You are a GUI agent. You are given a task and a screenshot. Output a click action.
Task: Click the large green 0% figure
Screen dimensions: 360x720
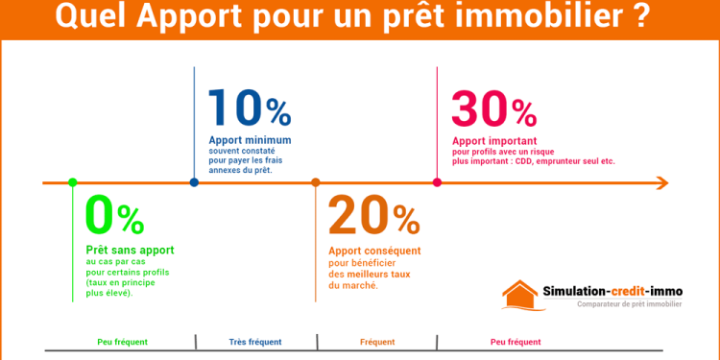tap(114, 216)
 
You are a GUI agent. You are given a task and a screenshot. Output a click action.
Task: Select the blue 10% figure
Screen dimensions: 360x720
tap(249, 108)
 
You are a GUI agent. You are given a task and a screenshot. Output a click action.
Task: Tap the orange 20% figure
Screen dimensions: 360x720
tap(373, 216)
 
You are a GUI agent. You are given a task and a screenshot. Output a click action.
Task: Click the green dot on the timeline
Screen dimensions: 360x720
tap(72, 182)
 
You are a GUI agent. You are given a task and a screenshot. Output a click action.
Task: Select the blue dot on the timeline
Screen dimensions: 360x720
tap(194, 182)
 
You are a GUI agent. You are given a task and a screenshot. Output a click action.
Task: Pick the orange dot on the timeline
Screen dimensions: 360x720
tap(316, 182)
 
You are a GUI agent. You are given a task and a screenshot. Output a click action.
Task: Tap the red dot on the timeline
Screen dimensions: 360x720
tap(437, 182)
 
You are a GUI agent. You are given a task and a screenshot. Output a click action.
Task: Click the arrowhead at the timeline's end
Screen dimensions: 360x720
tap(661, 182)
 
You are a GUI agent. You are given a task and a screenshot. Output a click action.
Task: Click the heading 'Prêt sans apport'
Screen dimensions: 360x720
tap(130, 250)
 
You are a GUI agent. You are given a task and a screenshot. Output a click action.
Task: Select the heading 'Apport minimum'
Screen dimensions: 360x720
tap(249, 140)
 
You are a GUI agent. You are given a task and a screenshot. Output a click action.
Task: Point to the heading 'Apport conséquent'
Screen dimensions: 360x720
tap(374, 251)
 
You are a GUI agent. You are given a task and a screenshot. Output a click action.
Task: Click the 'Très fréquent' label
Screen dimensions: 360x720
tap(255, 342)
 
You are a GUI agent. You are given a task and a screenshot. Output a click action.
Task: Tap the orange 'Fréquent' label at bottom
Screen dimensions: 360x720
tap(376, 342)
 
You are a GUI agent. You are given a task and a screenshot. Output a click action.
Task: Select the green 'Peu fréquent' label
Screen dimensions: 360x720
tap(123, 342)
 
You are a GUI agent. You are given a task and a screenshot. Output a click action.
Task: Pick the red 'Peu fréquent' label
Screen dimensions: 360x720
tap(516, 342)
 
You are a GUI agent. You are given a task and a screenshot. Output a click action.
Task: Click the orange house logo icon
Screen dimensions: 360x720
tap(523, 295)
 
